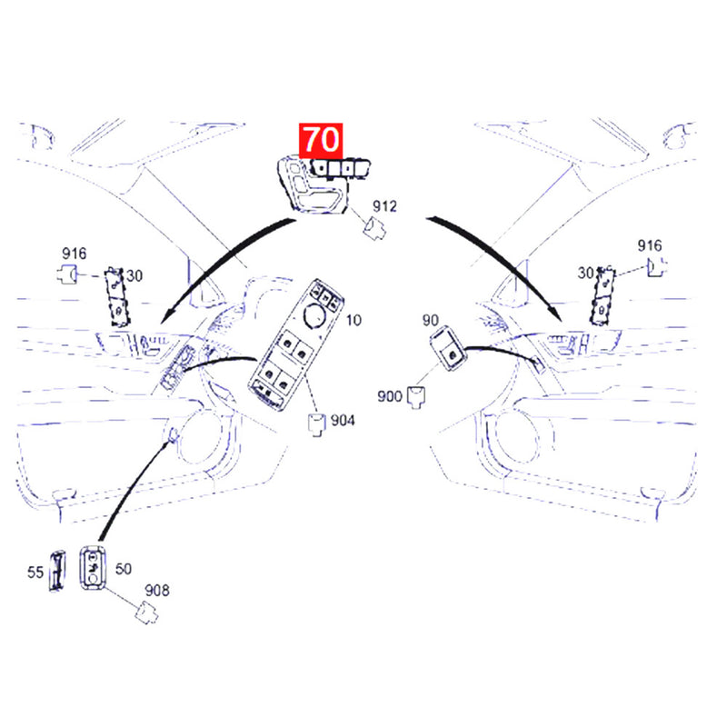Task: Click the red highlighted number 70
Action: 321,140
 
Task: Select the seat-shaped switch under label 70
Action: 312,185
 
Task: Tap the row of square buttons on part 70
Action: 341,168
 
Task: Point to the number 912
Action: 384,206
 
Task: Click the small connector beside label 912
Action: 374,229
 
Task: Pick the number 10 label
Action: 354,320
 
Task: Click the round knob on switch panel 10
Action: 314,316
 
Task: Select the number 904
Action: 343,421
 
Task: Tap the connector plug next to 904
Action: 317,425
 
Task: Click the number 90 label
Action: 430,320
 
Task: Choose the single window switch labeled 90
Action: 447,347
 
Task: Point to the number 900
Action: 390,396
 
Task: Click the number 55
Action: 35,573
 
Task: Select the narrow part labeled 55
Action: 57,571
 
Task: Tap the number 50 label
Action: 124,569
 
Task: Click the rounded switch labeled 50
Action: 93,568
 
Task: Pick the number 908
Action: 157,591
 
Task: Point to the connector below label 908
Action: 146,612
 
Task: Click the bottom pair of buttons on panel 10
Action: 276,375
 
